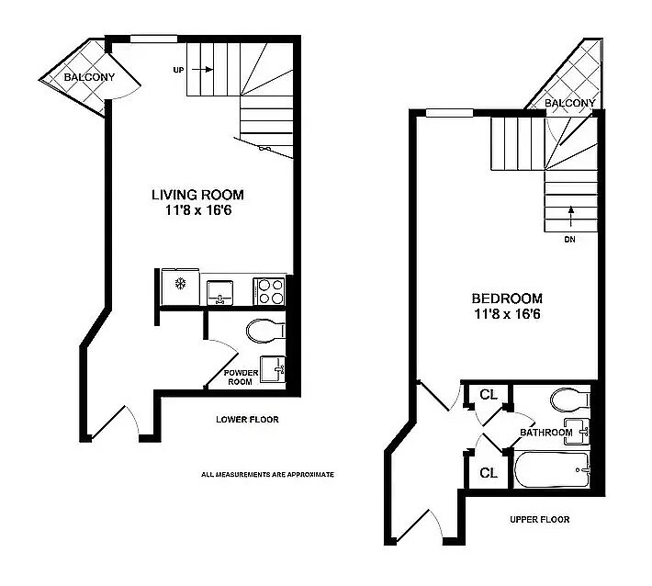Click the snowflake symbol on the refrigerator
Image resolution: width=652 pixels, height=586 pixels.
180,285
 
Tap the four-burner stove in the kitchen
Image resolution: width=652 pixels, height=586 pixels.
270,291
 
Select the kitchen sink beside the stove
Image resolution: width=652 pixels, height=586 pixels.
220,292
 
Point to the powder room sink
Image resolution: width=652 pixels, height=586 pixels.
273,368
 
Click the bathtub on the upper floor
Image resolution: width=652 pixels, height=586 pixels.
553,469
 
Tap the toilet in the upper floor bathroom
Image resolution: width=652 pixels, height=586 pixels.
570,400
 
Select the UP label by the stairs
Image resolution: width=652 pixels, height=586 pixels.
178,70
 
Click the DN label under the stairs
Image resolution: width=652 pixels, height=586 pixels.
569,239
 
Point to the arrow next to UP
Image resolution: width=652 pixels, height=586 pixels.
203,70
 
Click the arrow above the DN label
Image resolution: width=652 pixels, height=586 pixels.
571,216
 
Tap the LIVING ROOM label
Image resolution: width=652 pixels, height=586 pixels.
197,195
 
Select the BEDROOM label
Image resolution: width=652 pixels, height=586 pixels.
507,299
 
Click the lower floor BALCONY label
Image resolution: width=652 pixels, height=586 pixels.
89,77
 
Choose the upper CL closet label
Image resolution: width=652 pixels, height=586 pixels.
489,394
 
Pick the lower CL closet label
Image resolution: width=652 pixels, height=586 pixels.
489,472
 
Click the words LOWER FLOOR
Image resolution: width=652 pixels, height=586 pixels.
247,419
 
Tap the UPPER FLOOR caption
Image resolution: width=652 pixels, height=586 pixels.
540,519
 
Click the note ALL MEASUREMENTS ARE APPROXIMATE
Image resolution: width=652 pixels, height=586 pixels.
267,474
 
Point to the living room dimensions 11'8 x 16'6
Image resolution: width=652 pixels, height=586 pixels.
198,210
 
